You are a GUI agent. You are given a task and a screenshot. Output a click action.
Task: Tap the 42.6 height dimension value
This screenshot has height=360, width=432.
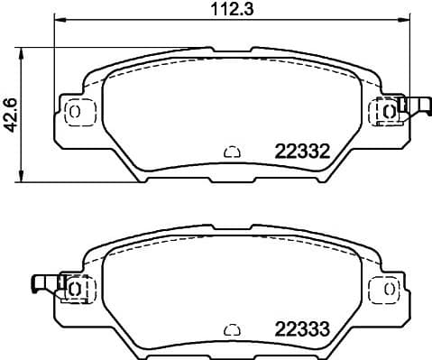[11, 114]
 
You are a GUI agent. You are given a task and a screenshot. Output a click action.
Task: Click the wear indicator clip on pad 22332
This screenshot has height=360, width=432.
[416, 106]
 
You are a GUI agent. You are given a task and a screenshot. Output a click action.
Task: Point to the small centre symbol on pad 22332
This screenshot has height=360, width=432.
[231, 152]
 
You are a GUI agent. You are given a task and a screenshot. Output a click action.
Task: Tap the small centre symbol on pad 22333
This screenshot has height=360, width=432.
[231, 328]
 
